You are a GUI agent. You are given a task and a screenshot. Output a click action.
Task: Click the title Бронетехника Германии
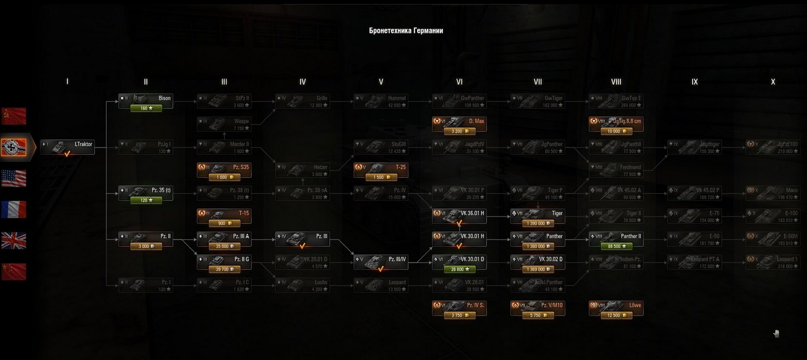[406, 30]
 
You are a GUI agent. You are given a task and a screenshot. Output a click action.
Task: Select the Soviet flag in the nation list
[13, 116]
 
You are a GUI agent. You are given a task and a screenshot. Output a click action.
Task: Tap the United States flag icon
[13, 178]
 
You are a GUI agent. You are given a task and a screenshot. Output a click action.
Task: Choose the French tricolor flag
[13, 209]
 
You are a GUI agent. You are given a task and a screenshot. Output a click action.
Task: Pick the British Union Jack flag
[13, 240]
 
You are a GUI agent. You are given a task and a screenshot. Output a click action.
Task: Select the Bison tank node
[145, 99]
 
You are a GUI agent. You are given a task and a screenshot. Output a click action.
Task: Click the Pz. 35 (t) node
[145, 191]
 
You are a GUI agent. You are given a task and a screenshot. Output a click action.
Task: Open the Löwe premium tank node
[616, 305]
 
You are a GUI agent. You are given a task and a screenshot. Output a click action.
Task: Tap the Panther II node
[616, 236]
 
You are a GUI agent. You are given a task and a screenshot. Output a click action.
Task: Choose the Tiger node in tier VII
[538, 213]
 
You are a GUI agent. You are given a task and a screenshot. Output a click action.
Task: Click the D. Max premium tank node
[459, 121]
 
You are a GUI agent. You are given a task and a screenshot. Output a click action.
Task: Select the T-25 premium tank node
[381, 167]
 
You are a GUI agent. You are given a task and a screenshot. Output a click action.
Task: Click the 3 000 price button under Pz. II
[145, 246]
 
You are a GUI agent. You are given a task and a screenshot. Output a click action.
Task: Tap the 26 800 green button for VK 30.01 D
[459, 270]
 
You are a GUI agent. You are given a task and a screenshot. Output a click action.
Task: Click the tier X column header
[773, 82]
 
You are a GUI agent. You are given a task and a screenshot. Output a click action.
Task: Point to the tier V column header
[381, 82]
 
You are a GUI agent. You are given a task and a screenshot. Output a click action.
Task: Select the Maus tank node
[773, 191]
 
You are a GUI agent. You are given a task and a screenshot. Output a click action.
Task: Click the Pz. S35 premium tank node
[224, 167]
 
